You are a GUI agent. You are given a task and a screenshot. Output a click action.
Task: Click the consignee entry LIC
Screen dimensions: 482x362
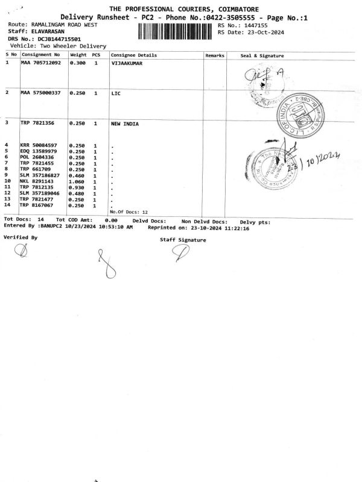116,93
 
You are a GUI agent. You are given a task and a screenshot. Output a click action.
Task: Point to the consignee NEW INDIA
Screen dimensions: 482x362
125,124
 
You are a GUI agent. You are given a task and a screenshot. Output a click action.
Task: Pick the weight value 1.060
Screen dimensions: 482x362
77,181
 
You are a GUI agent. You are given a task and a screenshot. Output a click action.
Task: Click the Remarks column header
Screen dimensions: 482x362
215,55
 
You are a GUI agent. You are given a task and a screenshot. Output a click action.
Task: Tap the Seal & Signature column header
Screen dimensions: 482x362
262,55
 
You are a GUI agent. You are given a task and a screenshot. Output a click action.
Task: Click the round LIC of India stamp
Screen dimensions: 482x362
300,113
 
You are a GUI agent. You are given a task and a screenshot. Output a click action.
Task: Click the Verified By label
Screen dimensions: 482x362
21,237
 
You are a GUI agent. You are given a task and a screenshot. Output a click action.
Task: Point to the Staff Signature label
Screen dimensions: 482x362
183,240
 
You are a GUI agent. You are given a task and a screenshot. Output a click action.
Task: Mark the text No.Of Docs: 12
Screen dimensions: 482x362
129,212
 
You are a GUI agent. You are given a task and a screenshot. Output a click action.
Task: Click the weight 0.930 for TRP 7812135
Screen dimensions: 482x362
77,187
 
